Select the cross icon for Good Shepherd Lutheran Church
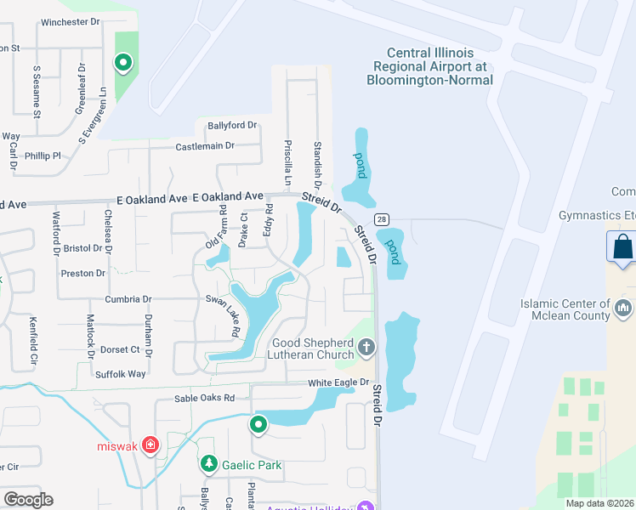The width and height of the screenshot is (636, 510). pos(366,346)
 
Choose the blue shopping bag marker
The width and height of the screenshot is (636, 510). pos(622,247)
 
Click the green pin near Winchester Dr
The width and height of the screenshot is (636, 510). pos(123,61)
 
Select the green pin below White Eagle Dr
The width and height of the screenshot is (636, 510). pos(258,424)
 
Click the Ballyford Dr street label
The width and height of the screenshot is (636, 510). pos(231,125)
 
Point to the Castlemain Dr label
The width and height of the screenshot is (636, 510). pos(205,147)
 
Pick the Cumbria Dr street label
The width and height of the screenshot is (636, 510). pos(128,299)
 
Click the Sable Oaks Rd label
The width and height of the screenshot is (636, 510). pos(204,398)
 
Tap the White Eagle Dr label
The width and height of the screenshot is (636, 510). pos(339,383)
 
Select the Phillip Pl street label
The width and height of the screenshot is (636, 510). pos(43,156)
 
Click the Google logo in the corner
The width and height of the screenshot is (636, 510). pos(28,499)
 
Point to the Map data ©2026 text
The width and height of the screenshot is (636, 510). pos(599,503)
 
